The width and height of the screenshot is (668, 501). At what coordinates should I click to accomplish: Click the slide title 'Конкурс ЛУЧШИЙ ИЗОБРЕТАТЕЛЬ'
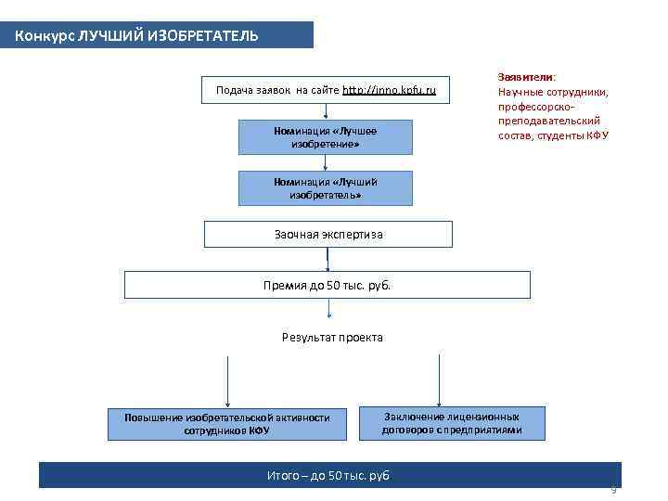pos(137,36)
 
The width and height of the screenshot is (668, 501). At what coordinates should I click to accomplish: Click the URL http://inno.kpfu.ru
pos(389,90)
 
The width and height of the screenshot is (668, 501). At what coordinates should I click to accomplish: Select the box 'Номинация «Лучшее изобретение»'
pos(325,137)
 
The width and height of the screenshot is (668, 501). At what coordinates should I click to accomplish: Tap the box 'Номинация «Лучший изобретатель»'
pos(325,189)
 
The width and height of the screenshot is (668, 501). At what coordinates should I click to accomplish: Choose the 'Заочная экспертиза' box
pos(328,234)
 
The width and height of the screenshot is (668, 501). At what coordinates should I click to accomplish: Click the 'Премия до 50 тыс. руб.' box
pos(328,285)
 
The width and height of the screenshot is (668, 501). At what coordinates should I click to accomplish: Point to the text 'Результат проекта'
pos(332,337)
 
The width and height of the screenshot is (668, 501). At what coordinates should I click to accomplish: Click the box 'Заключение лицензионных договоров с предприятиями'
pos(452,423)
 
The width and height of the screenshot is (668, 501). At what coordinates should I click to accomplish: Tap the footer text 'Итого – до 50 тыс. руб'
pos(328,476)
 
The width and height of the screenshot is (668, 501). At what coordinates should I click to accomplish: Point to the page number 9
pos(613,489)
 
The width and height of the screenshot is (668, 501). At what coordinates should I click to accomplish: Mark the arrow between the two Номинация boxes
pos(326,163)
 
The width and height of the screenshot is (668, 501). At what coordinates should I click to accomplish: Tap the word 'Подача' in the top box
pos(233,90)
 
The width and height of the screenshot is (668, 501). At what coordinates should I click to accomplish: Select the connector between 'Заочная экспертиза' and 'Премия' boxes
pos(328,259)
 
